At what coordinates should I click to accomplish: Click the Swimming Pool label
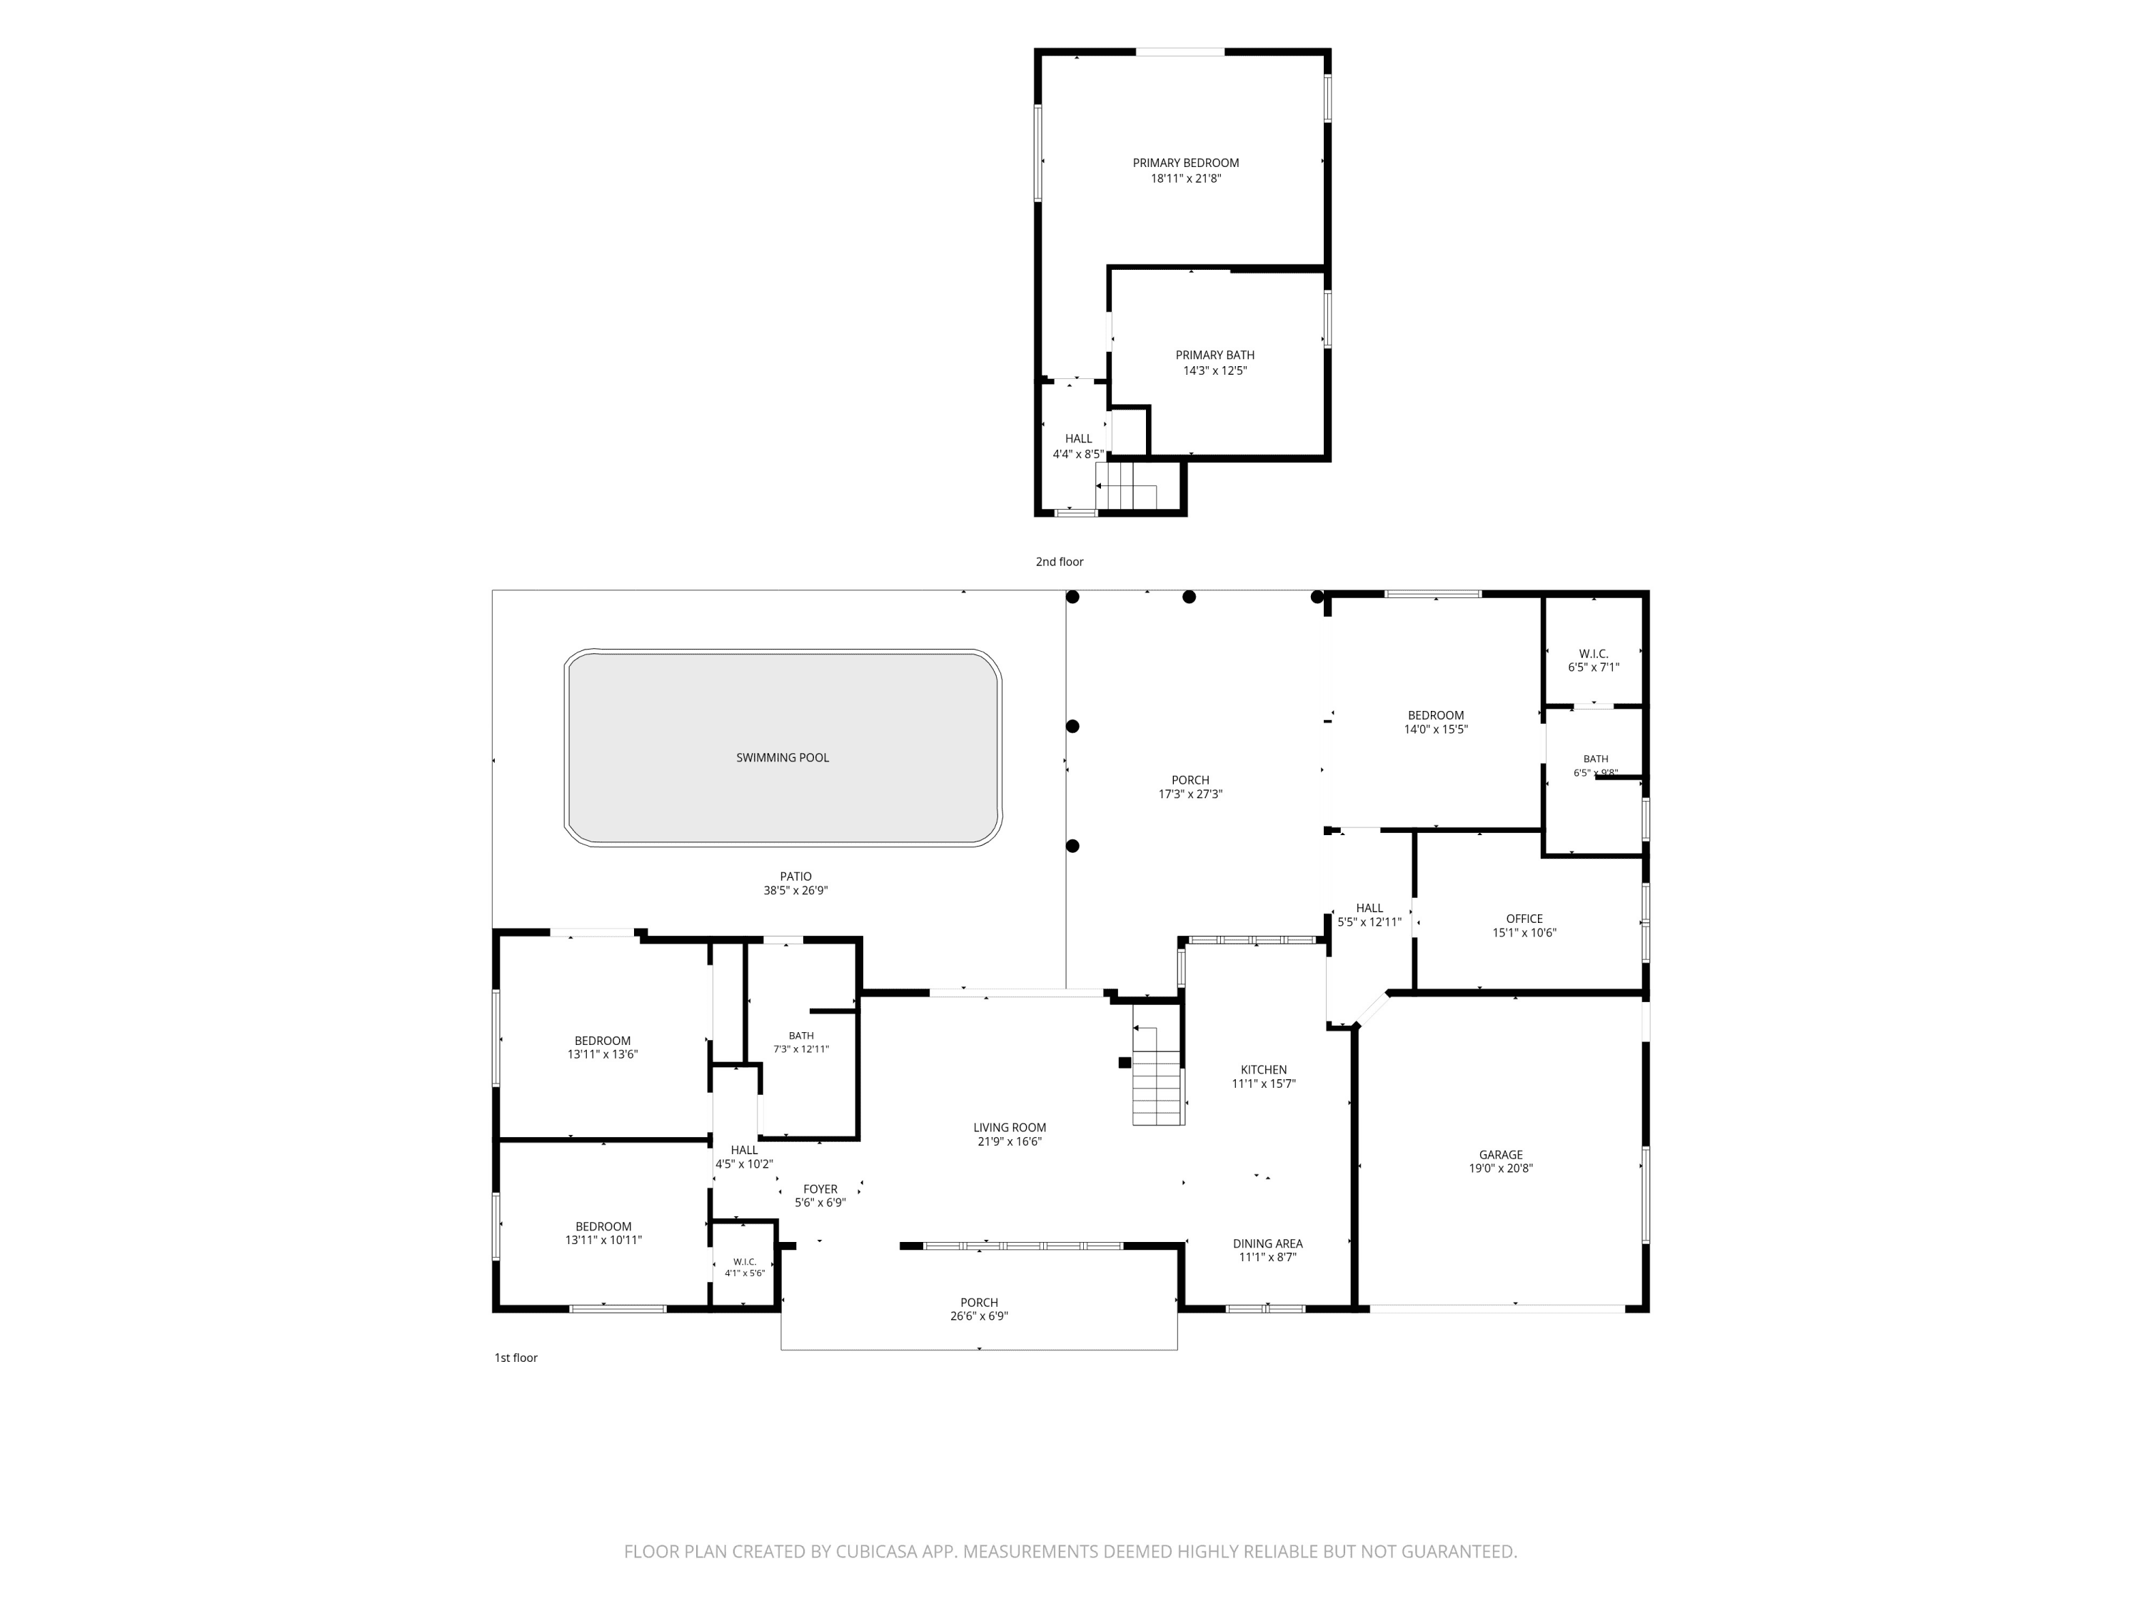(x=783, y=758)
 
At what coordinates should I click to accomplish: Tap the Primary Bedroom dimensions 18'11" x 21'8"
(x=1186, y=179)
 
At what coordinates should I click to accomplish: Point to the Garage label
(x=1501, y=1155)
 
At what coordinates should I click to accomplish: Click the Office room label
(x=1524, y=919)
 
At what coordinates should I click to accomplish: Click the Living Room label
(x=1010, y=1128)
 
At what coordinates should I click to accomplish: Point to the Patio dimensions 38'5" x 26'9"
(x=796, y=892)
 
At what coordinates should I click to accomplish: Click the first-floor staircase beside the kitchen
(x=1158, y=1064)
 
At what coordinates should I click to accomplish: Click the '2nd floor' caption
(x=1060, y=562)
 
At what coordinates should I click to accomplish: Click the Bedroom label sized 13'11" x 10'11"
(x=603, y=1226)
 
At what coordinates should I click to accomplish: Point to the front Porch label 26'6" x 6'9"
(x=979, y=1303)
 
